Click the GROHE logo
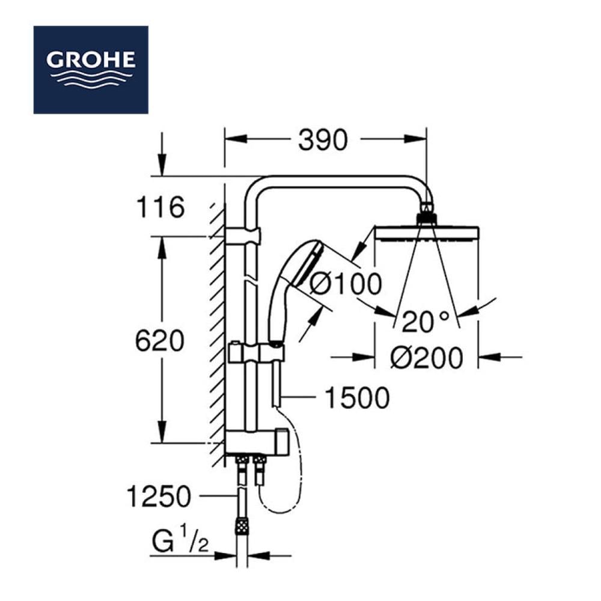point(91,69)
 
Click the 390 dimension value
point(323,141)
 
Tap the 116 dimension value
point(160,209)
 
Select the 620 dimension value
point(159,342)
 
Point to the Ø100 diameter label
point(346,284)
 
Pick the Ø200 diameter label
point(427,359)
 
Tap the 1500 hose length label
point(357,398)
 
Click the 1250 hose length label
point(159,497)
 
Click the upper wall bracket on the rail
point(243,235)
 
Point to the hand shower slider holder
point(255,352)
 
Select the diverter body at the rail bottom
point(255,442)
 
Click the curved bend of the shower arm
point(257,188)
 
